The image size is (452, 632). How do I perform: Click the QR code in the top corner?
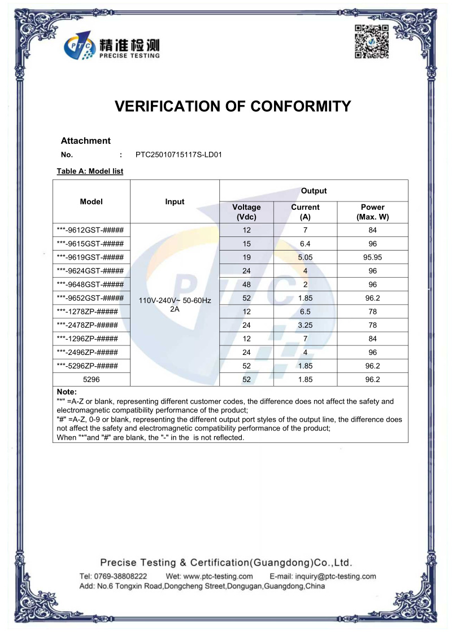(x=371, y=42)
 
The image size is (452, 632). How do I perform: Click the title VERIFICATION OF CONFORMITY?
(x=233, y=106)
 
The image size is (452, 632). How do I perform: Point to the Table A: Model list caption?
(x=90, y=171)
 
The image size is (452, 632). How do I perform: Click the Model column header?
(x=92, y=201)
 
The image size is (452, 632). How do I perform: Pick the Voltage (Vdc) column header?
(x=246, y=212)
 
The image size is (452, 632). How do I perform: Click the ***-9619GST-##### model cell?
(x=90, y=257)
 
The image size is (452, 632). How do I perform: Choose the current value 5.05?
(x=305, y=257)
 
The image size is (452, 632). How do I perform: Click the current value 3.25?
(x=305, y=325)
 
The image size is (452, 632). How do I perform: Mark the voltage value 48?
(x=246, y=284)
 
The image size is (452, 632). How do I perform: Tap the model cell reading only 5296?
(x=92, y=380)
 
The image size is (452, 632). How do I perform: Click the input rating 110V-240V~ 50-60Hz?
(x=175, y=301)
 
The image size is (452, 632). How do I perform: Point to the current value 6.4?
(x=305, y=244)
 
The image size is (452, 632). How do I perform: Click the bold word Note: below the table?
(x=67, y=392)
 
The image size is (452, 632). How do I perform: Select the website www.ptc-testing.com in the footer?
(x=218, y=576)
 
